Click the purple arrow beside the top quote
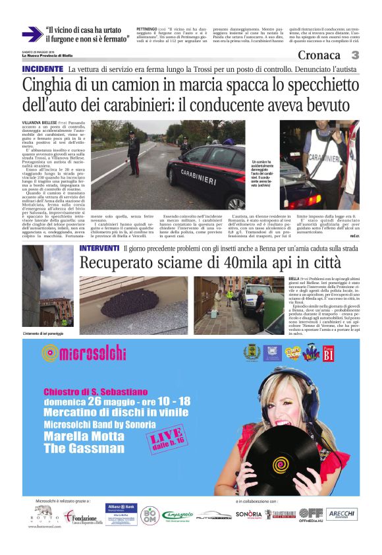tap(32, 34)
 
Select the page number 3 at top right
tap(355, 55)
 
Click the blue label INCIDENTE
tap(43, 69)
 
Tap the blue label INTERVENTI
tap(99, 248)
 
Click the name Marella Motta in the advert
tap(80, 436)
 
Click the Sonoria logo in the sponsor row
tap(249, 513)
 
